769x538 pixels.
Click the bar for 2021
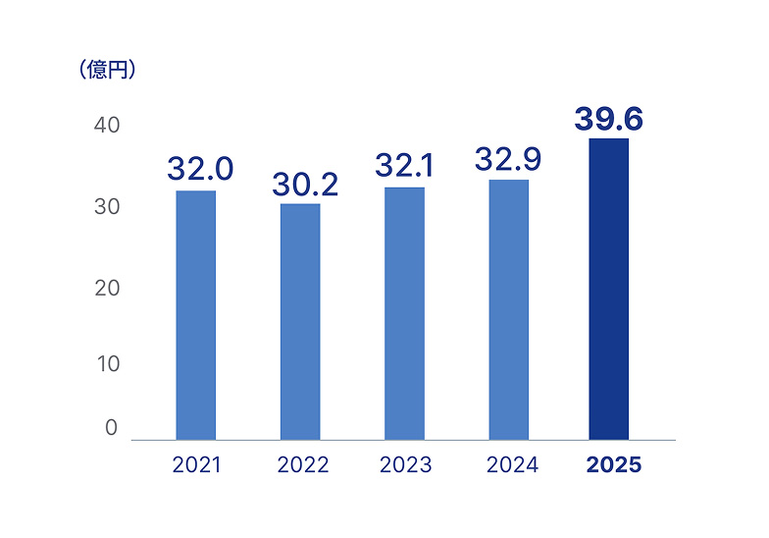pyautogui.click(x=196, y=314)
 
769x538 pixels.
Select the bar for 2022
pyautogui.click(x=300, y=321)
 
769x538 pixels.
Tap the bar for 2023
pyautogui.click(x=404, y=313)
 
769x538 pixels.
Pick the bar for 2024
pyautogui.click(x=508, y=309)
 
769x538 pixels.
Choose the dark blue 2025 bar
pyautogui.click(x=608, y=289)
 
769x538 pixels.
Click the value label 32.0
pyautogui.click(x=200, y=169)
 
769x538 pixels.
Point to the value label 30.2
pyautogui.click(x=305, y=184)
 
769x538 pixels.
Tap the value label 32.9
pyautogui.click(x=508, y=158)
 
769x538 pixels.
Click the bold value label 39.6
pyautogui.click(x=608, y=118)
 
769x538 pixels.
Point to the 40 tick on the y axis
pyautogui.click(x=107, y=126)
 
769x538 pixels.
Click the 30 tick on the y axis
pyautogui.click(x=107, y=207)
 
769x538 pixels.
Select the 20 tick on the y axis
pyautogui.click(x=107, y=288)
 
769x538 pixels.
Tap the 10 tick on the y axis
pyautogui.click(x=107, y=363)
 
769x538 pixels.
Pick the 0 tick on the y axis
pyautogui.click(x=111, y=428)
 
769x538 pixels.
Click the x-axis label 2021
pyautogui.click(x=196, y=465)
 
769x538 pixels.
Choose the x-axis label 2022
pyautogui.click(x=302, y=465)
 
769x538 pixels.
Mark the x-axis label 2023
pyautogui.click(x=406, y=465)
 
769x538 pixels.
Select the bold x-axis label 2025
pyautogui.click(x=613, y=465)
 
